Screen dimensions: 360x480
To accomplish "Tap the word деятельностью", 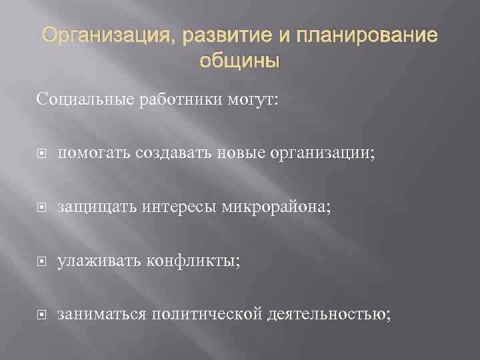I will click(x=329, y=314).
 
